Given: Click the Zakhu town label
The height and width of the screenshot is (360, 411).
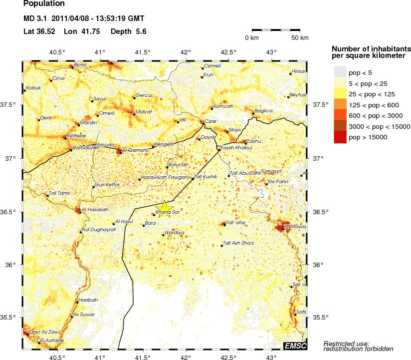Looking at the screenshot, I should coord(254,141).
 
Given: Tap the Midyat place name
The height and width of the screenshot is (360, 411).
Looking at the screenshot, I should coord(143,111).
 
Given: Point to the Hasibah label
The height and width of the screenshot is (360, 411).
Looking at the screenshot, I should coord(88,300).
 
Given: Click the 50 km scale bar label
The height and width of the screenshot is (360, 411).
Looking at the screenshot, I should coord(300,38).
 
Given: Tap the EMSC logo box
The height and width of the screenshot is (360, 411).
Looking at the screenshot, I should coord(295,346).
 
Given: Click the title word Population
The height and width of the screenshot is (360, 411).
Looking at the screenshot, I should coord(44,4).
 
